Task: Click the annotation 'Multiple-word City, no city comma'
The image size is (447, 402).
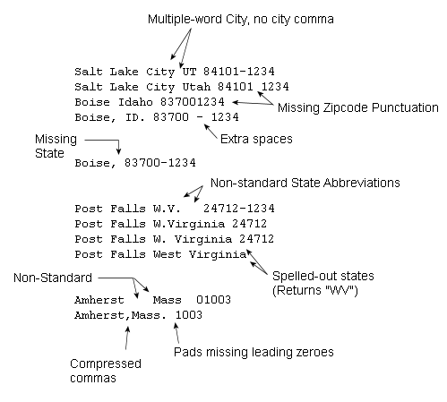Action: [241, 20]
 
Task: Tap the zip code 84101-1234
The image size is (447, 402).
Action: [239, 72]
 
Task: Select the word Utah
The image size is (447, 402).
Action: [196, 87]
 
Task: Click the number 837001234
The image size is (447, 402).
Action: [193, 102]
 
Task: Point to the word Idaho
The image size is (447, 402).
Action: [135, 102]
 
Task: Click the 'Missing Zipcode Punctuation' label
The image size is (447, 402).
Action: [358, 107]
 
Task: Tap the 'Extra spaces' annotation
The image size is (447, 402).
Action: [256, 139]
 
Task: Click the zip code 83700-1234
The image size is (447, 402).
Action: [160, 163]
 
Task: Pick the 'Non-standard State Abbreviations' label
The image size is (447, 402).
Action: [305, 183]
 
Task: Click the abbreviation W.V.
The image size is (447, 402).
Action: [167, 209]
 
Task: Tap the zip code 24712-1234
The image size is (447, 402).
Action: [239, 209]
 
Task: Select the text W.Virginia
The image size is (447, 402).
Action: [189, 224]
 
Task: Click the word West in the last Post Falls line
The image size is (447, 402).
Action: [167, 254]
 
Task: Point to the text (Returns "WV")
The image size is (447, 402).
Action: [315, 290]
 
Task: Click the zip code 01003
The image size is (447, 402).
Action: [213, 300]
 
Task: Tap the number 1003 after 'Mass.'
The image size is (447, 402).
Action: [189, 315]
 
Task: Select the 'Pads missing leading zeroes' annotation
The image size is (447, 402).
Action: [254, 352]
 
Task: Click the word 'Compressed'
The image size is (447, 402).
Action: [106, 364]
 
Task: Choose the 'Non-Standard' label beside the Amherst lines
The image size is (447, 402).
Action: [53, 278]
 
